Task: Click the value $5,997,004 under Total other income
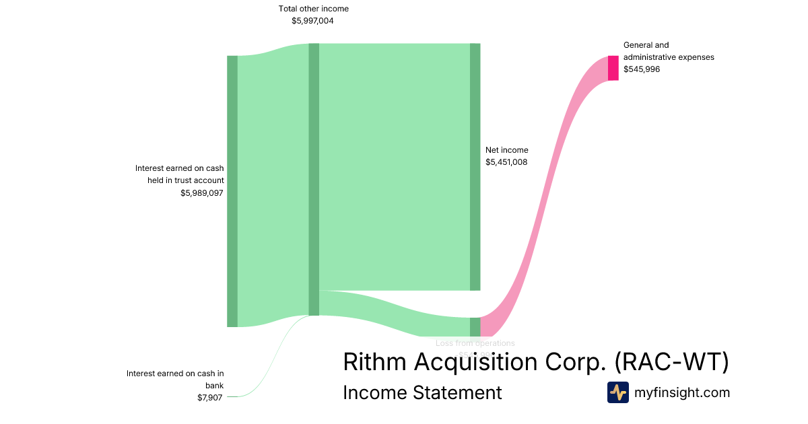(312, 21)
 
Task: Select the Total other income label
(314, 9)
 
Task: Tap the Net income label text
(507, 150)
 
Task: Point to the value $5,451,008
(506, 162)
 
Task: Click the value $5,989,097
(202, 193)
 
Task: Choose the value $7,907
(210, 398)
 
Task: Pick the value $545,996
(642, 69)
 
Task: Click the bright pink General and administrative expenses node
(613, 68)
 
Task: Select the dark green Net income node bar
(475, 167)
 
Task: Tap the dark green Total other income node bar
(314, 179)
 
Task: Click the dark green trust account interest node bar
(232, 191)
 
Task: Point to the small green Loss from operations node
(475, 326)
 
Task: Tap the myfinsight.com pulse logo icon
(617, 392)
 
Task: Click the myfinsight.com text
(682, 392)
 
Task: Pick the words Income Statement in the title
(422, 392)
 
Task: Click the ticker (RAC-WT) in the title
(671, 362)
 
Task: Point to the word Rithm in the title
(374, 362)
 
